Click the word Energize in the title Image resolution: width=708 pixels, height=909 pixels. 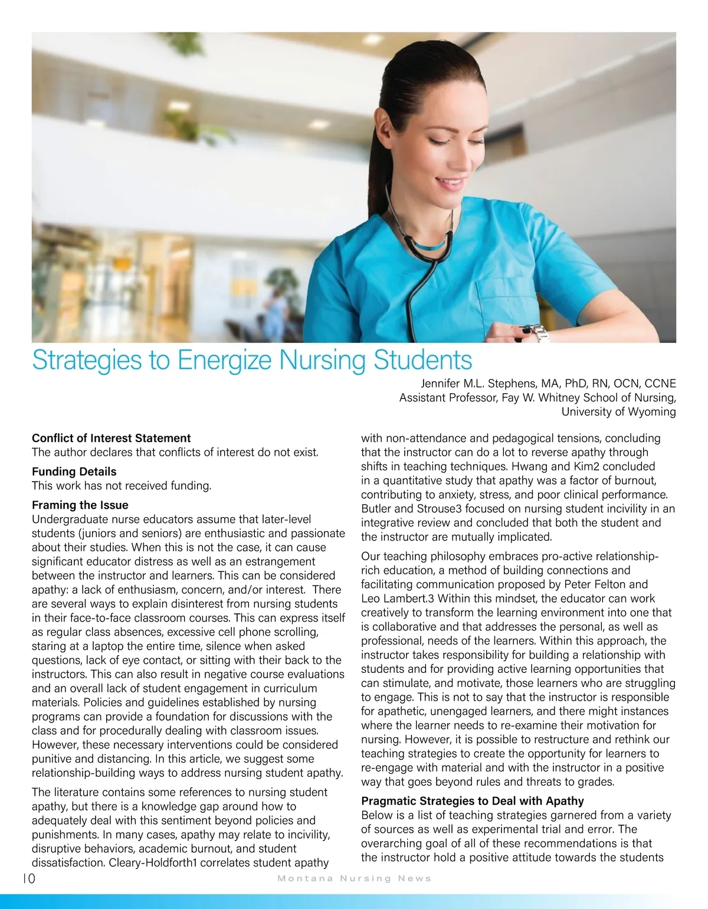[225, 360]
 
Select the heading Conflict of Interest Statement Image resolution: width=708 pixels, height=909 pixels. [111, 438]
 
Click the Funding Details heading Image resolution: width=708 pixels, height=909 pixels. [74, 472]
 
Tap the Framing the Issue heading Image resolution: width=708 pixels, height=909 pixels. [80, 505]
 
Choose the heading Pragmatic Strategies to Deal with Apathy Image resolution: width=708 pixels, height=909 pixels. [472, 801]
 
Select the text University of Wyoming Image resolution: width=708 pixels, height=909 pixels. [618, 411]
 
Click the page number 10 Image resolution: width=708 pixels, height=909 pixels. [28, 878]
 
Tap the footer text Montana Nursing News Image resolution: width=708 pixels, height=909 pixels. [354, 878]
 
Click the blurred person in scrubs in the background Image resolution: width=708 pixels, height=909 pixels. [276, 313]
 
